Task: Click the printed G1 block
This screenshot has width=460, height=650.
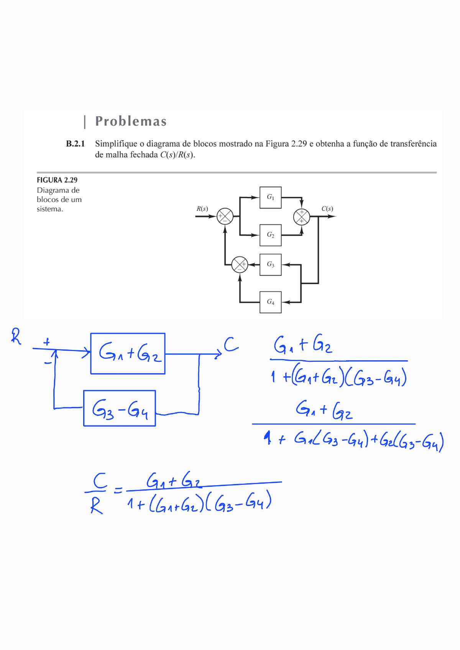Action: (270, 197)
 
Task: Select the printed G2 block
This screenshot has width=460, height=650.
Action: (270, 235)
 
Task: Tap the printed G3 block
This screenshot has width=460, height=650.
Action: (270, 264)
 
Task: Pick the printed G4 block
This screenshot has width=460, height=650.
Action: (270, 302)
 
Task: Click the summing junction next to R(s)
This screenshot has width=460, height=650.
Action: (225, 216)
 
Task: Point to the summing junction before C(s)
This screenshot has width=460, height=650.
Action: (301, 217)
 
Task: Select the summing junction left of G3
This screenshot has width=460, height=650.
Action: (240, 264)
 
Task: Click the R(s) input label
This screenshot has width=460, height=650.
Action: (202, 209)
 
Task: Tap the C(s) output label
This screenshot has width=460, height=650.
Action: (327, 209)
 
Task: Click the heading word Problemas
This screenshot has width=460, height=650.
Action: (131, 121)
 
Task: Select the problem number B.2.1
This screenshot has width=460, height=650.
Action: (75, 144)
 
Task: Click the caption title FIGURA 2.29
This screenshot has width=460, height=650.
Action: (57, 180)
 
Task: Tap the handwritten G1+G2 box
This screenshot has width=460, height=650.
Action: (128, 353)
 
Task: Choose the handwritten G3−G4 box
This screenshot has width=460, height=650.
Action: (120, 408)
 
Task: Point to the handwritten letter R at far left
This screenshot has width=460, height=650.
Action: (16, 336)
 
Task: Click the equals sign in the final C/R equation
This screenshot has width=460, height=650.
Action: (118, 490)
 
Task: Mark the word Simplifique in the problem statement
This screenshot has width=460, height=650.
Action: (116, 144)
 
